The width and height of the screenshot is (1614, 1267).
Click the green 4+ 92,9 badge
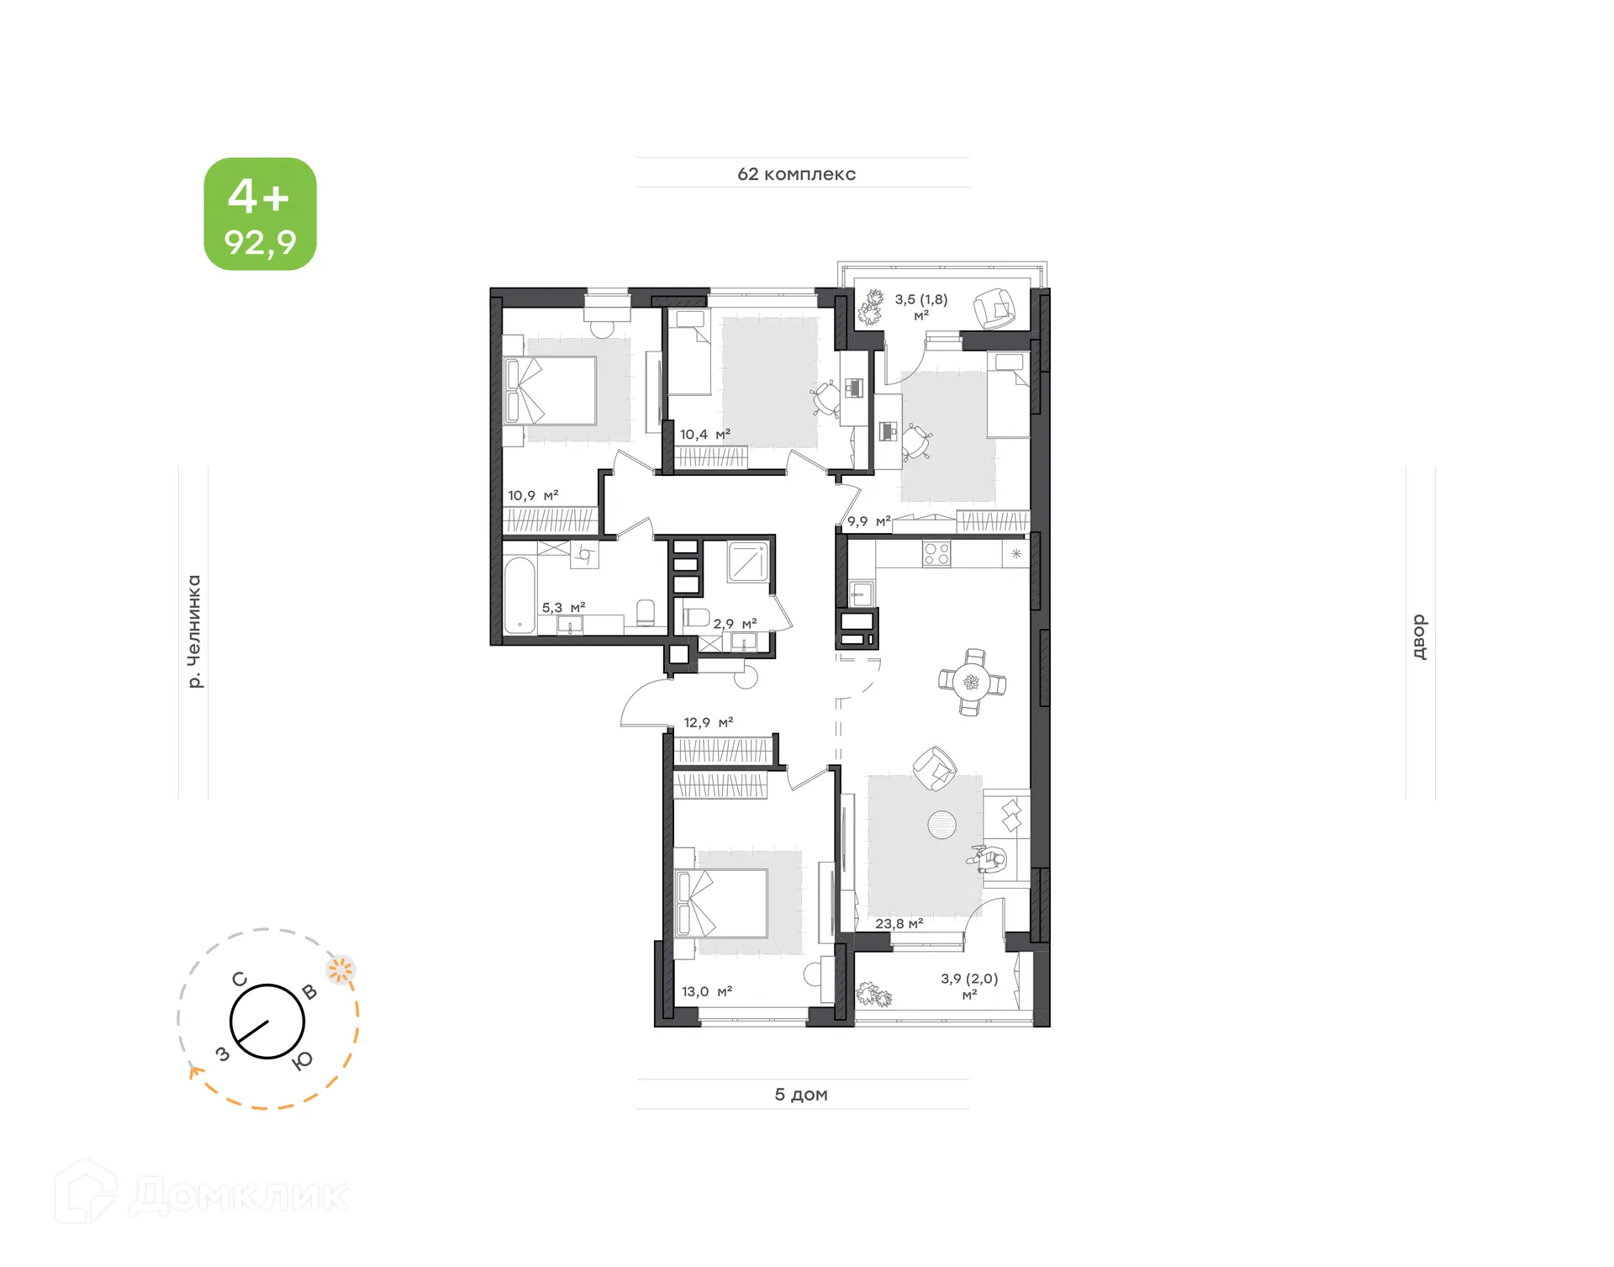click(260, 214)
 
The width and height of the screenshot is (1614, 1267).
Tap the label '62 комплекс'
click(796, 174)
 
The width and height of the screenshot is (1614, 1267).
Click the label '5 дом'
click(800, 1094)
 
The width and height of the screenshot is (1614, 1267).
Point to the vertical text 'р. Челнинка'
click(194, 631)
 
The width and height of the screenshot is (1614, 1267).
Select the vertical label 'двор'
click(1419, 636)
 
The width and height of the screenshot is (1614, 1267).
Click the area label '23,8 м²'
click(899, 923)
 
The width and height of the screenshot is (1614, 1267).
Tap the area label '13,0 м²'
click(706, 991)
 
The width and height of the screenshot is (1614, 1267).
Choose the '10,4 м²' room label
click(704, 434)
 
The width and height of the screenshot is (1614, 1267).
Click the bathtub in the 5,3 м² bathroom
click(520, 595)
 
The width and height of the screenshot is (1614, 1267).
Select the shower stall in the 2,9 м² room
click(747, 562)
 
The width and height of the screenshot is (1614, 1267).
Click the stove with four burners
click(936, 553)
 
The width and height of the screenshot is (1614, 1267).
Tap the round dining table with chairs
click(972, 682)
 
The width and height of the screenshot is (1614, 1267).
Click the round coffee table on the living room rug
click(941, 825)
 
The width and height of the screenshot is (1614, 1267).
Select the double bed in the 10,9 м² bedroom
click(551, 390)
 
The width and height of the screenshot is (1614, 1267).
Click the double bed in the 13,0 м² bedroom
click(722, 904)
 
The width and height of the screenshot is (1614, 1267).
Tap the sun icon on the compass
click(340, 970)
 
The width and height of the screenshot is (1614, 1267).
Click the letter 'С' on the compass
click(240, 979)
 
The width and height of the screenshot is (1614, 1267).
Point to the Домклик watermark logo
click(202, 1194)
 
